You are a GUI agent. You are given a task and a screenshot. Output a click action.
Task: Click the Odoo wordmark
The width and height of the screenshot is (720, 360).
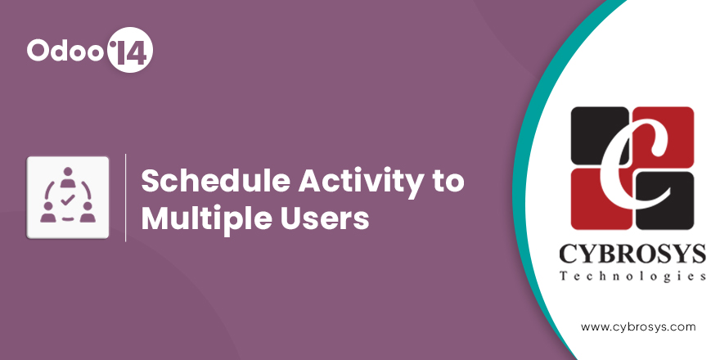[x=65, y=50]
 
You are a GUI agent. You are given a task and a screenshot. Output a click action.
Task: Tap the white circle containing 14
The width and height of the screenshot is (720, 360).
[x=129, y=50]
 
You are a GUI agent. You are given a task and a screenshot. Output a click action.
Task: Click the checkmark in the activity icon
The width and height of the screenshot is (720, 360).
[x=67, y=200]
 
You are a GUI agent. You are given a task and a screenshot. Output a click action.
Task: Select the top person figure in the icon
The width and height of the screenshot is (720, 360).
[x=68, y=177]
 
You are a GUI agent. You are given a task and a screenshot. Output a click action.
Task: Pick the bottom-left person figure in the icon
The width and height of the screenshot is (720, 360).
[x=47, y=212]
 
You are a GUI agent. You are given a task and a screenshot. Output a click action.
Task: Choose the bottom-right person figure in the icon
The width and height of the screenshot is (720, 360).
[x=88, y=212]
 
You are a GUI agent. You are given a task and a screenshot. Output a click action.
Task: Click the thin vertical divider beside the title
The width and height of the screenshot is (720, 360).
[x=126, y=198]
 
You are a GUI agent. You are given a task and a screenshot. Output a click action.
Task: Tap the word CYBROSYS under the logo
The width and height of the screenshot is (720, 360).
[x=632, y=254]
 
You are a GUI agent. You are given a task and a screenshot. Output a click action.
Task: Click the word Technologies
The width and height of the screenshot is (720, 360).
[x=632, y=277]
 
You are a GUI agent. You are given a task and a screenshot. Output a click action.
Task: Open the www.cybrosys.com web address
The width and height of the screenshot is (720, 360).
[x=638, y=327]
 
